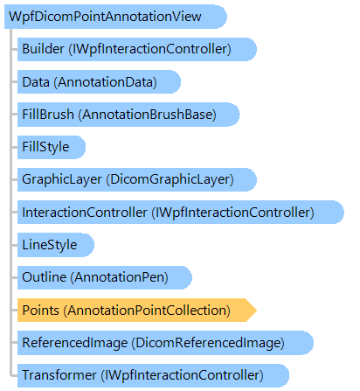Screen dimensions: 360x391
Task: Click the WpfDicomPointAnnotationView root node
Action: point(115,17)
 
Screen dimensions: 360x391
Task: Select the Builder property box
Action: point(137,49)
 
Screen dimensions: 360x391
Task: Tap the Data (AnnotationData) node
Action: point(99,82)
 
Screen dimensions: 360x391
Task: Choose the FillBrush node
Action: point(128,115)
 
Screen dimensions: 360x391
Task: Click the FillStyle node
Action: point(52,147)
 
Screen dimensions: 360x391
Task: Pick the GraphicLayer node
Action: point(137,179)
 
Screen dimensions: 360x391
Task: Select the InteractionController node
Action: point(181,213)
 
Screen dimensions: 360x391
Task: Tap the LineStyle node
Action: point(56,245)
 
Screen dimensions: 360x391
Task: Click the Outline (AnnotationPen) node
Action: point(105,277)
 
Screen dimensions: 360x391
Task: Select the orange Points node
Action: point(137,311)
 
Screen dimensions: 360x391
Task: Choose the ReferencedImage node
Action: point(165,343)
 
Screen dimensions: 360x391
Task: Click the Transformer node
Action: point(153,375)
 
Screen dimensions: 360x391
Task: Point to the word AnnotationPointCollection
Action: point(147,311)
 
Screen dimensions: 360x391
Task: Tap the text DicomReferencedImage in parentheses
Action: point(208,343)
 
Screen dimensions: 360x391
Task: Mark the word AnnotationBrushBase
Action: point(147,115)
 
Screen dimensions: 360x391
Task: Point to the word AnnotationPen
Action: point(120,277)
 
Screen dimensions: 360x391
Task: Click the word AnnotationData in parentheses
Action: point(105,82)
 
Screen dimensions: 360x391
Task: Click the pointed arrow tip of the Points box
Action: point(256,311)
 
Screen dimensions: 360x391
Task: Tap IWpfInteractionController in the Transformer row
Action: point(182,375)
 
